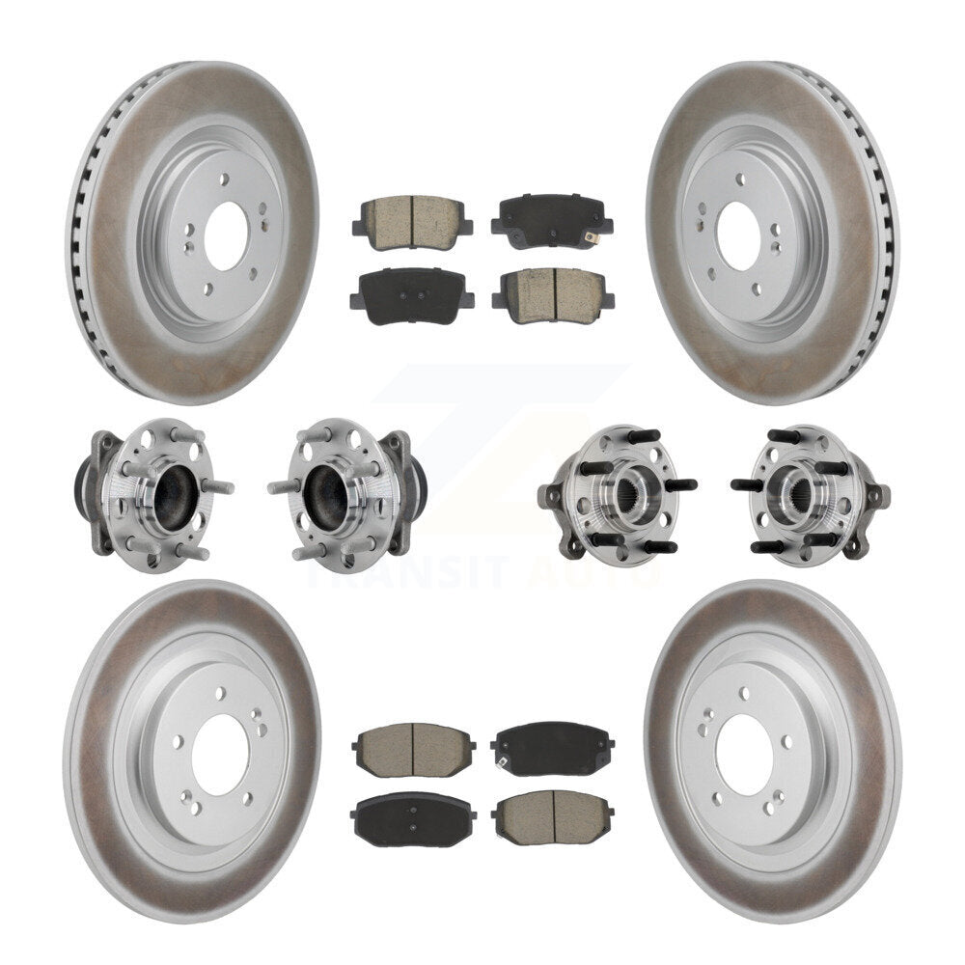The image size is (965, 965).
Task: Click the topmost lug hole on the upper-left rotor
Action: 223,179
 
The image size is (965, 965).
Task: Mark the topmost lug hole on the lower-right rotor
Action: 743,693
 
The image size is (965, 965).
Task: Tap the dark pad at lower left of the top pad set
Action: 411,294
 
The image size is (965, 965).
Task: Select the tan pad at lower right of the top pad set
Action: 551,294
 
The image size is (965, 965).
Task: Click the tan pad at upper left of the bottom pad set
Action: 413,750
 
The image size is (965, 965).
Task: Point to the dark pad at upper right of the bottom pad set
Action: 552,749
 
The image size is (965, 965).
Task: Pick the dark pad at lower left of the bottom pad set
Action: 413,819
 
